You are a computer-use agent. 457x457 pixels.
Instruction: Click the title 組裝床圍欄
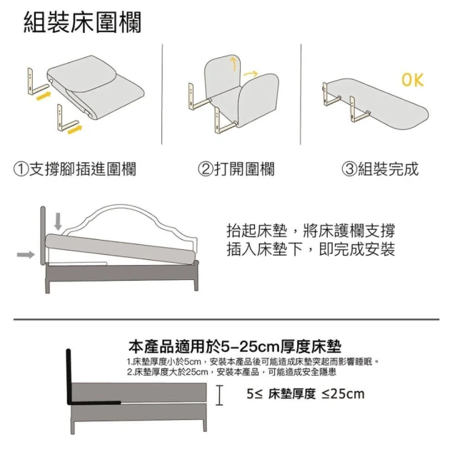tap(83, 22)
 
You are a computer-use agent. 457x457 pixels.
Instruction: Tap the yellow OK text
tap(413, 79)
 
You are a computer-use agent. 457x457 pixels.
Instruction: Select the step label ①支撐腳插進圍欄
tap(75, 169)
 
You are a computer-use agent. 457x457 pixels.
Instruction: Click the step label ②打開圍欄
tap(236, 169)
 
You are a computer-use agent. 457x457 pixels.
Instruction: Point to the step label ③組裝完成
tap(380, 169)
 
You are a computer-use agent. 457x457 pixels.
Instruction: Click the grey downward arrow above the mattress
tap(58, 221)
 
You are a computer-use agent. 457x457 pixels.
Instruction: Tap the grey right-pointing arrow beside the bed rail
tap(26, 255)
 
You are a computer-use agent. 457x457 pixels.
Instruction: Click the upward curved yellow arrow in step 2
tap(233, 64)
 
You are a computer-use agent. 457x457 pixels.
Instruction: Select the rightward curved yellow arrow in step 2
tap(251, 74)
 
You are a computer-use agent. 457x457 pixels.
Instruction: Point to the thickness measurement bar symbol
tap(219, 395)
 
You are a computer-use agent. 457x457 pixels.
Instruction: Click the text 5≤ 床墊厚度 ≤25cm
tap(306, 393)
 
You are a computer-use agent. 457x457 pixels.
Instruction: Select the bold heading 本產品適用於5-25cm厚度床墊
tap(235, 346)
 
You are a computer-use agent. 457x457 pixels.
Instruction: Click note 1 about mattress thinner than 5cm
tap(253, 362)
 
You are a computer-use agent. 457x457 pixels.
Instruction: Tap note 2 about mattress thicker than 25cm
tap(231, 372)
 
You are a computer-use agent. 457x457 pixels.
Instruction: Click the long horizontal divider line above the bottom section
tap(226, 319)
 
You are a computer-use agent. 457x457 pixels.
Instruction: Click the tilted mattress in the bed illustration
tap(121, 248)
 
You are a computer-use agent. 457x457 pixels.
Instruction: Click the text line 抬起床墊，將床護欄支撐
tap(311, 231)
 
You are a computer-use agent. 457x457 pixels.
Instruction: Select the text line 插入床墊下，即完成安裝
tap(311, 249)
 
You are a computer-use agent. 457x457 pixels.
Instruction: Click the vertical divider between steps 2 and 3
tap(301, 94)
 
